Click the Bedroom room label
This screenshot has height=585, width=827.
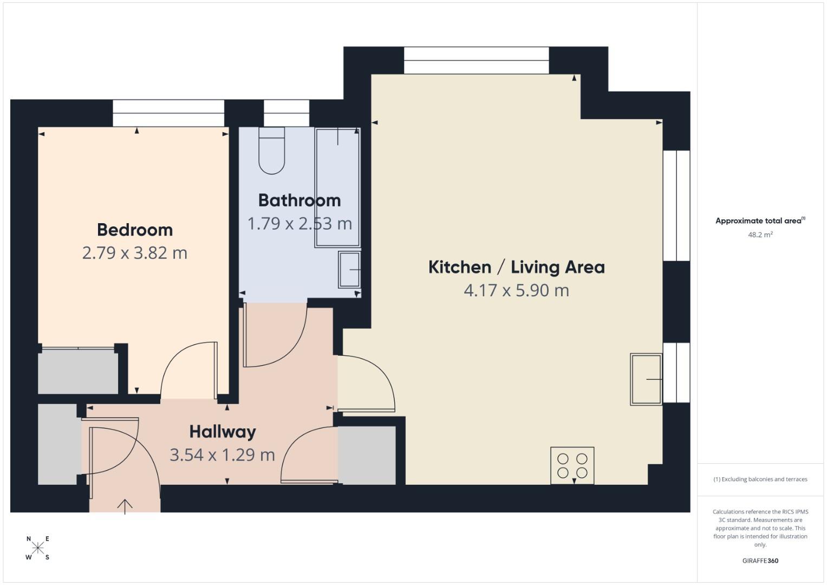pos(135,230)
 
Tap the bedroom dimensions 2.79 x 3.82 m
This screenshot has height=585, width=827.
pos(135,253)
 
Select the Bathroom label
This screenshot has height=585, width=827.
pos(299,200)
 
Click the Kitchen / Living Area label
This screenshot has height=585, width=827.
pos(516,267)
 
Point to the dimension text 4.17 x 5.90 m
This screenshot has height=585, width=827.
pos(516,290)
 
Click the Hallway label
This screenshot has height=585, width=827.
pos(223,432)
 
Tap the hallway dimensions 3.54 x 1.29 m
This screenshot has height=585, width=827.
pos(223,454)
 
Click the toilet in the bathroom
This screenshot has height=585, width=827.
pos(272,151)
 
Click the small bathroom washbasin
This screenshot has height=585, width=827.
pos(349,269)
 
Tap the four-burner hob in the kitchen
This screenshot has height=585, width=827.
pos(572,465)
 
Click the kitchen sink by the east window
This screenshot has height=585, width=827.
pos(646,379)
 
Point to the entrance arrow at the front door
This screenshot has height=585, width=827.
pos(125,506)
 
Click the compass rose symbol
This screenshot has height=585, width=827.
pos(37,548)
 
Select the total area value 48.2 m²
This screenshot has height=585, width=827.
pos(760,235)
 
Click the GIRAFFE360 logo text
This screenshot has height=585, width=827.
pos(760,561)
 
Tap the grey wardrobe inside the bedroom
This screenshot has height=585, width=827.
pos(78,372)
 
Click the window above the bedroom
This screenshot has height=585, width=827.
pos(168,113)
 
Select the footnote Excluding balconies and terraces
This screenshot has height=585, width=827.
pos(760,479)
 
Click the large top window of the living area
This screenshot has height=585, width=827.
pos(476,61)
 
